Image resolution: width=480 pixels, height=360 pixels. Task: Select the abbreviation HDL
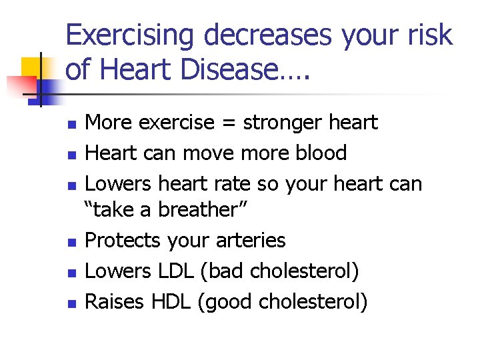[x=172, y=302]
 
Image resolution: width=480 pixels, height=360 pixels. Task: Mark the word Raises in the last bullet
[x=115, y=302]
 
